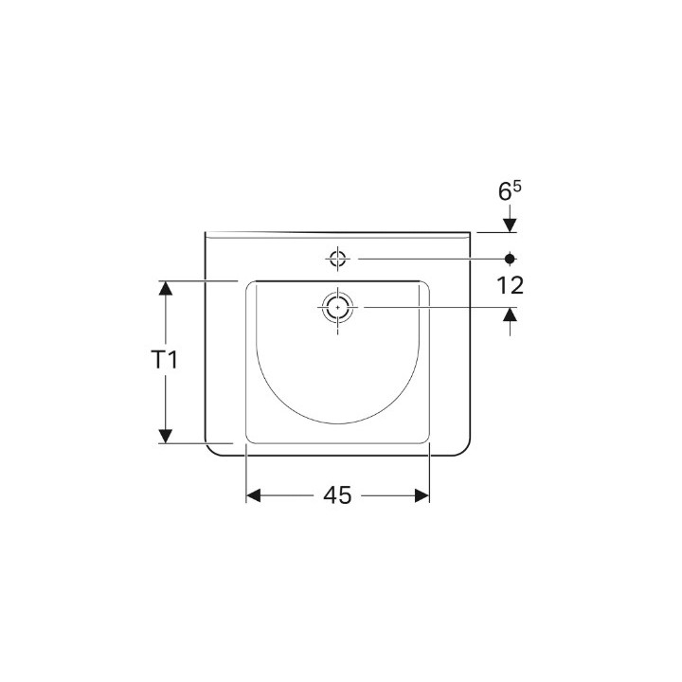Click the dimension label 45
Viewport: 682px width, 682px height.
point(338,494)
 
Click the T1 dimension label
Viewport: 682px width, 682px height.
point(165,360)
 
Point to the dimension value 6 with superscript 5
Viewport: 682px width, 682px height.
point(510,190)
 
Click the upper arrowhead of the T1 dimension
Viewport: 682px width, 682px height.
point(165,290)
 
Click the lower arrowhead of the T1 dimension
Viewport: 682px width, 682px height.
point(165,435)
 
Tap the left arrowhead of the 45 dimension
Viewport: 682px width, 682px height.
point(255,494)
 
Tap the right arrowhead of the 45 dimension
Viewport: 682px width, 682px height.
point(422,494)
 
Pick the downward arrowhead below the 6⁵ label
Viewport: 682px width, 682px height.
point(511,224)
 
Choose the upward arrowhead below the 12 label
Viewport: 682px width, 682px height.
point(511,315)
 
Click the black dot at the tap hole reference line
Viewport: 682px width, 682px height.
point(511,258)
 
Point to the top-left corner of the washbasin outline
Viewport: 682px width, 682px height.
point(206,233)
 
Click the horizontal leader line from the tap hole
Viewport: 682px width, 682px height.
point(426,258)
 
